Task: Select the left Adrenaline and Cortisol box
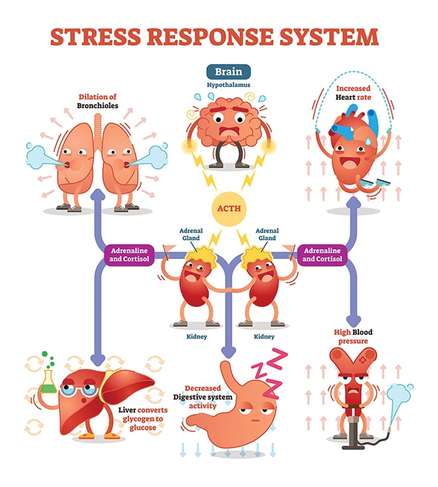(x=129, y=254)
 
